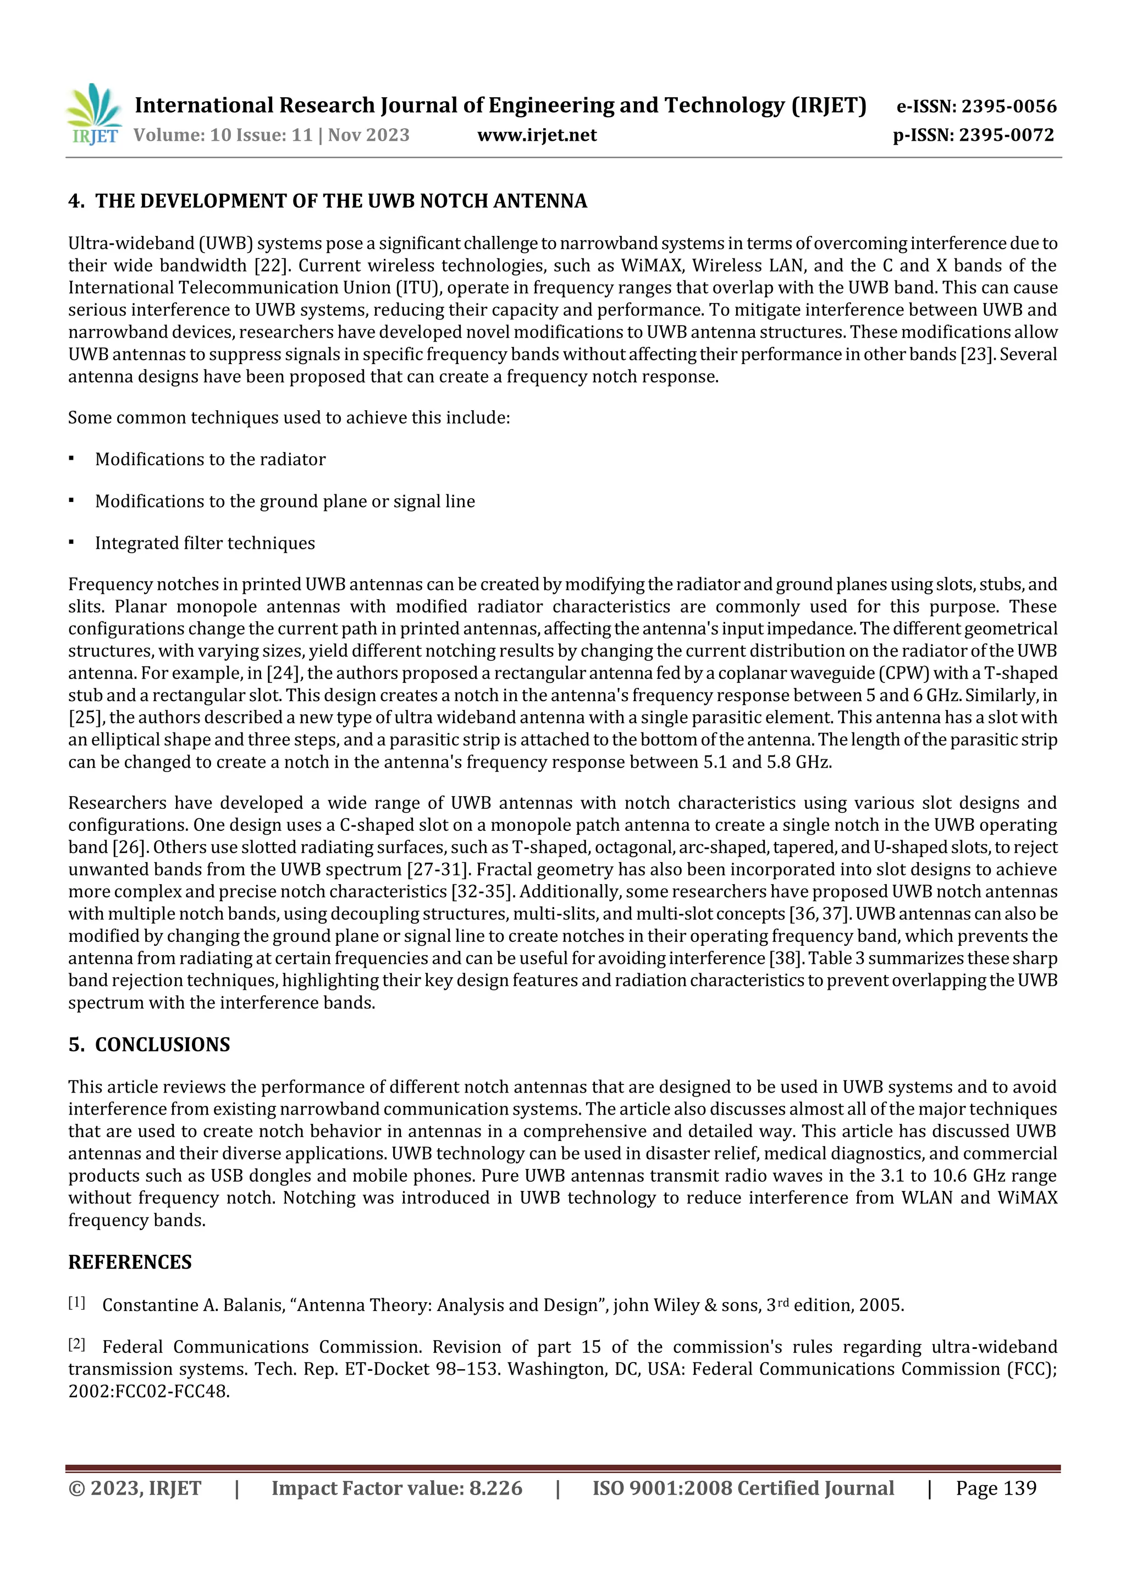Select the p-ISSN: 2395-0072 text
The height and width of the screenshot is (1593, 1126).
click(x=973, y=135)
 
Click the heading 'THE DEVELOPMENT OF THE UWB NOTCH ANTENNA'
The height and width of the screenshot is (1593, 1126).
click(x=341, y=201)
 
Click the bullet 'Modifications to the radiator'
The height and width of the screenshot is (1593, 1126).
click(x=210, y=459)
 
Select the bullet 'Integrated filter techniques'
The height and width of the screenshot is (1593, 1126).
click(x=205, y=543)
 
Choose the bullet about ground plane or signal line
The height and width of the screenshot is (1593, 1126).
click(x=284, y=501)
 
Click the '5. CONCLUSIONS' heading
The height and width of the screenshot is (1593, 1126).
click(x=149, y=1044)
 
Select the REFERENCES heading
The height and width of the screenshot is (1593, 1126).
click(x=130, y=1261)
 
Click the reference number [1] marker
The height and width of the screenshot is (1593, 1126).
click(x=76, y=1303)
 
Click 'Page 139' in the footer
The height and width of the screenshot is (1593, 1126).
click(x=996, y=1487)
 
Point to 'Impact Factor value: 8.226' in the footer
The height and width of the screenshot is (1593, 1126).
click(x=397, y=1487)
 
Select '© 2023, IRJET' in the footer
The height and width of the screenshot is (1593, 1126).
click(x=135, y=1487)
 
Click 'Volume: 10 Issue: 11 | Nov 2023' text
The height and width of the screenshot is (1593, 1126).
click(x=271, y=135)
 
